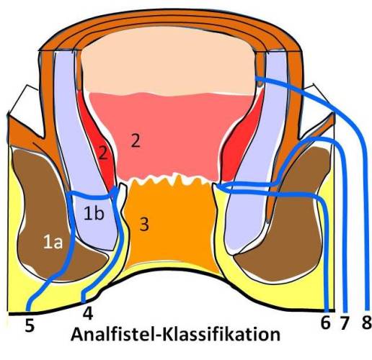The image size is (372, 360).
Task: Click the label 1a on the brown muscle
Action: [x=53, y=243]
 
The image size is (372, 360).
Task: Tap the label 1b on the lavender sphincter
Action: [x=94, y=213]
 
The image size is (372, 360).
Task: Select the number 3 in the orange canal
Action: [x=144, y=225]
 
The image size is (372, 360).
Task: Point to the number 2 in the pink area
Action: [x=136, y=140]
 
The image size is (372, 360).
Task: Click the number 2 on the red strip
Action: [x=103, y=153]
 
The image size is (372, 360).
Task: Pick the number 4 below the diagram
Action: [x=88, y=314]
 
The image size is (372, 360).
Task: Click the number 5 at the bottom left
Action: [x=30, y=325]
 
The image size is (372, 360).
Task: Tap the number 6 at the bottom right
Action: [x=325, y=323]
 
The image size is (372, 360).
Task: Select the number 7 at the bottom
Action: [x=344, y=323]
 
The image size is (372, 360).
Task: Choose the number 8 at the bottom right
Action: [x=366, y=323]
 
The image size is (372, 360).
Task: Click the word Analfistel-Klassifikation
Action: [x=175, y=334]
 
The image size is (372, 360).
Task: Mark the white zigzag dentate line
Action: [x=171, y=180]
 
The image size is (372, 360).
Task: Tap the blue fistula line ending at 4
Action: [x=118, y=240]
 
